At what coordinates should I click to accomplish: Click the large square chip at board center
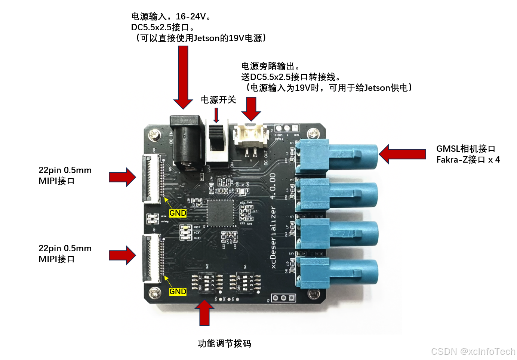coord(221,213)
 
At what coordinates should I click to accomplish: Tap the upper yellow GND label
coord(178,213)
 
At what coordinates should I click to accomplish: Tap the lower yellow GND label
coord(178,292)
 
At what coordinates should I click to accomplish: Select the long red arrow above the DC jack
coord(183,77)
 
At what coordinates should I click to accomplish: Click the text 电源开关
coord(218,100)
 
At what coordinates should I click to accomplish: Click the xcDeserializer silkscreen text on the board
coord(273,237)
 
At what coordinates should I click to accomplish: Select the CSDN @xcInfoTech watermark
coord(473,351)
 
